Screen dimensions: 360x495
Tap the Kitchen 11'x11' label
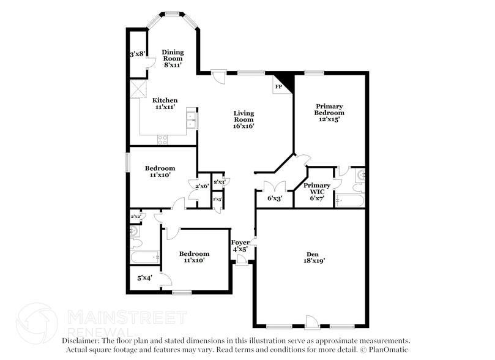tap(165, 103)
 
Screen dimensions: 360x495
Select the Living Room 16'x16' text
tap(244, 119)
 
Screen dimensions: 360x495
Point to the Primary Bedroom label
tap(329, 112)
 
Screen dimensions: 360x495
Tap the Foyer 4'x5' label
tap(240, 246)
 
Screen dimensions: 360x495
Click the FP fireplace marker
tap(278, 87)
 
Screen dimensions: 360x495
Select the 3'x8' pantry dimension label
tap(137, 54)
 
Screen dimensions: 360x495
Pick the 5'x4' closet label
tap(144, 277)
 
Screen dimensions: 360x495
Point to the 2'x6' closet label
tap(202, 186)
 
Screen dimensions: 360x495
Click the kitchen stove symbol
tap(163, 140)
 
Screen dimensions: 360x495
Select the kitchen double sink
tap(192, 119)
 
